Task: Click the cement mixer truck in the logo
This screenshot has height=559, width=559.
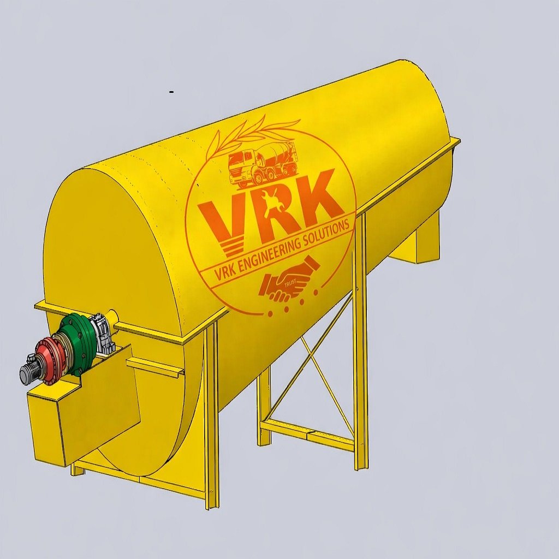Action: pyautogui.click(x=263, y=163)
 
